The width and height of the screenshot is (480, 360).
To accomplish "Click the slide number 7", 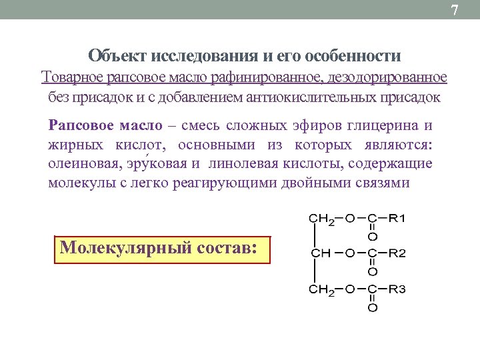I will point(455,10).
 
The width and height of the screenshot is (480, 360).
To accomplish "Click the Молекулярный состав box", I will point(163,249).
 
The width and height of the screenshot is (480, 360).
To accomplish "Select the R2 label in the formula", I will point(397,253).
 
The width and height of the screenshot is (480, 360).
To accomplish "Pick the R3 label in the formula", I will point(397,289).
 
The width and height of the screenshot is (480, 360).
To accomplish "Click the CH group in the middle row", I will point(321,253).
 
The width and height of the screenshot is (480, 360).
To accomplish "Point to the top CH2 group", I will point(322,219).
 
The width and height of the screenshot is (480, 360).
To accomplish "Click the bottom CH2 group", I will point(322,289).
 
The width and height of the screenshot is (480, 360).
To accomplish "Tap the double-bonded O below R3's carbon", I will point(373,308).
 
